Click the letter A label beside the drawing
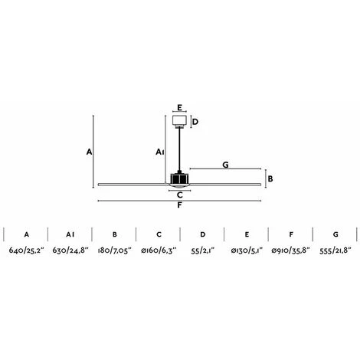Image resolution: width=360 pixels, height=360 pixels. click(89, 152)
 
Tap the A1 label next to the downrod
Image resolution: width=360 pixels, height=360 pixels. click(160, 152)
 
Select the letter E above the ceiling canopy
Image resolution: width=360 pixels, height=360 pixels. click(179, 107)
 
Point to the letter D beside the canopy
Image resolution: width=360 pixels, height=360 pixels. click(195, 122)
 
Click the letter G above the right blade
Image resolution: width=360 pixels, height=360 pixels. click(225, 165)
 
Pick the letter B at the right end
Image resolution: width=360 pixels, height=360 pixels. click(270, 178)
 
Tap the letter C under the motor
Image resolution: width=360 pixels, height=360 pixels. click(180, 195)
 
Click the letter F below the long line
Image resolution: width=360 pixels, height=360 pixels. click(180, 205)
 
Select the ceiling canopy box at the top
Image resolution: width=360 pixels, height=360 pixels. click(179, 121)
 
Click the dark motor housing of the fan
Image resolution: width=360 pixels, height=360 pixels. click(179, 178)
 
